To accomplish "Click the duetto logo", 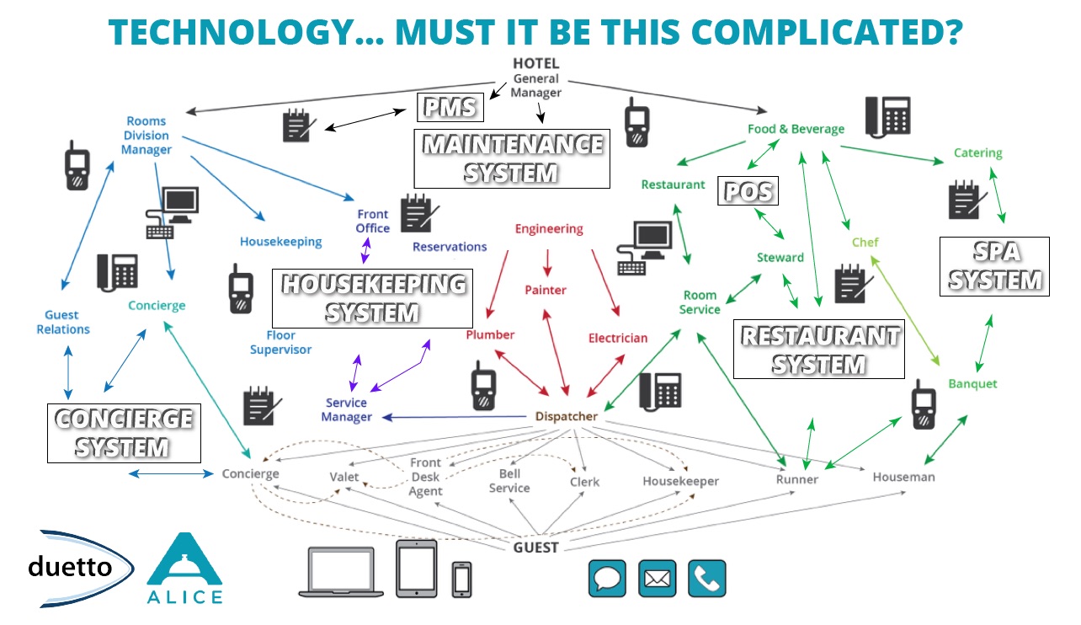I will point(71,567).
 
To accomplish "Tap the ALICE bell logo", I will point(184,569).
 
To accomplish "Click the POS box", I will point(748,190).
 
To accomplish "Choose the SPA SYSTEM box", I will point(994,266).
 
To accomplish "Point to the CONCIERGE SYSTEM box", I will point(123,433).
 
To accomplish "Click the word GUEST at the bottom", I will point(535,548).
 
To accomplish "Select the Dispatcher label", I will point(566,416).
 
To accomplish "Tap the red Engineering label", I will point(549,228).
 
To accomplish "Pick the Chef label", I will point(865,242).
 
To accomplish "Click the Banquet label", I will point(972,383).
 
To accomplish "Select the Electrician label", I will point(618,338).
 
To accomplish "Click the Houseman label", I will point(903,477).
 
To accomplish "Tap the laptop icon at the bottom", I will point(340,572).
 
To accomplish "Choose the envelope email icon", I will point(658,578).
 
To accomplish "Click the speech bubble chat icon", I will point(607,578).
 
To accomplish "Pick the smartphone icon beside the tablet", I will point(461,580).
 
